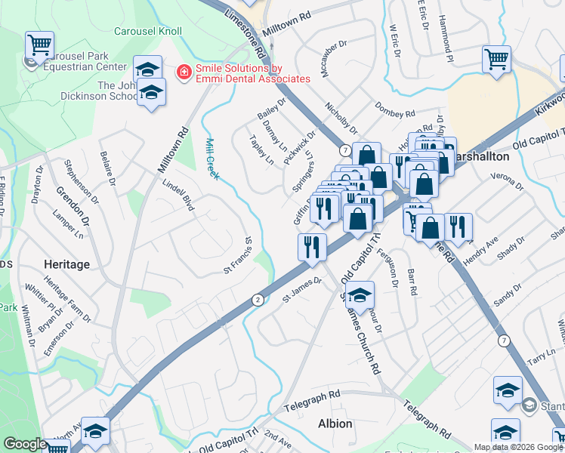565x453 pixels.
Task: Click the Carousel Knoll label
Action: click(148, 32)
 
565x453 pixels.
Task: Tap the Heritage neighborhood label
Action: click(66, 264)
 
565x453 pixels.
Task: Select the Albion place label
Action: click(335, 424)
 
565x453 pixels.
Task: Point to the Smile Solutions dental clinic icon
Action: click(183, 72)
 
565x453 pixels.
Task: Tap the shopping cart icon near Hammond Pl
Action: click(497, 58)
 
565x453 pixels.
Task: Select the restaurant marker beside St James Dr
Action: click(312, 245)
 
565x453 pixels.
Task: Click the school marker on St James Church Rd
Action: click(360, 294)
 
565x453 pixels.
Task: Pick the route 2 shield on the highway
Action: click(258, 300)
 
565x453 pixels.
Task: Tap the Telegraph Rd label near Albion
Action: click(313, 401)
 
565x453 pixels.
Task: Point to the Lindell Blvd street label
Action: click(179, 194)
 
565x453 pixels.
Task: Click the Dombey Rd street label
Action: click(395, 108)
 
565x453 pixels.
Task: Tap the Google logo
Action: click(25, 444)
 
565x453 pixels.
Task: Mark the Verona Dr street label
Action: click(506, 181)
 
